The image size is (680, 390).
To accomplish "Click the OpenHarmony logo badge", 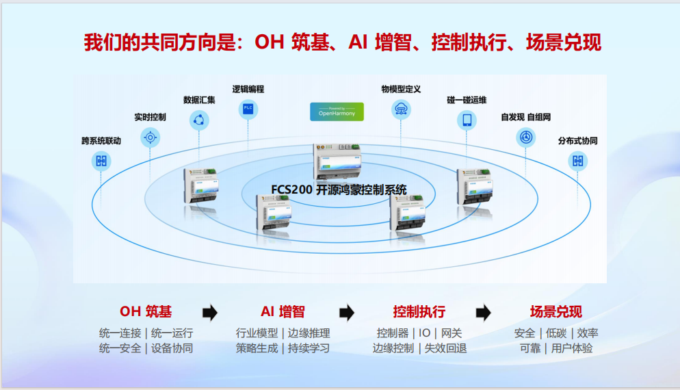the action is (337, 112).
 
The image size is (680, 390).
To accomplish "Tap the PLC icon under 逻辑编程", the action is (248, 109).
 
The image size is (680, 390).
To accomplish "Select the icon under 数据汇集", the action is (199, 120).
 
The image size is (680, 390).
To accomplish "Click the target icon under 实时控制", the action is (150, 138).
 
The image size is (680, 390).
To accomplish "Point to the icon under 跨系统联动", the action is (101, 161).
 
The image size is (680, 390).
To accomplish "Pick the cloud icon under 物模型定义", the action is (401, 109).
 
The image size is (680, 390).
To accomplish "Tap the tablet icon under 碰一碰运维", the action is (467, 120).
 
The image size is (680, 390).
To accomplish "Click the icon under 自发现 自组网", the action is (525, 138).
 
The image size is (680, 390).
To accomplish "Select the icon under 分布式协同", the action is (577, 161).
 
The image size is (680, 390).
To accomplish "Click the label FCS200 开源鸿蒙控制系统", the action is (339, 190).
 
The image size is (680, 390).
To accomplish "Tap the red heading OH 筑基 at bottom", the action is (146, 311).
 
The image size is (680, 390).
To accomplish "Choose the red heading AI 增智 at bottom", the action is (283, 311).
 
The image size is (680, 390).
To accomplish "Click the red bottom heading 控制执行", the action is (419, 311).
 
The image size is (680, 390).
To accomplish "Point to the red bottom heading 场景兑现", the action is (556, 311).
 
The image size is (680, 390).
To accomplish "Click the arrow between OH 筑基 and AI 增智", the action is (210, 313).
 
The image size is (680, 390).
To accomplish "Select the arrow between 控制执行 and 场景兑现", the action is (483, 313).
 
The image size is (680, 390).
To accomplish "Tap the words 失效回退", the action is (445, 348).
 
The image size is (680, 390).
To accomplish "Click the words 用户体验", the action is (572, 348).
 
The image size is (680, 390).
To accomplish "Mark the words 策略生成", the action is (257, 348).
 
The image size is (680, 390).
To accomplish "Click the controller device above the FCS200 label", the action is (338, 161).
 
